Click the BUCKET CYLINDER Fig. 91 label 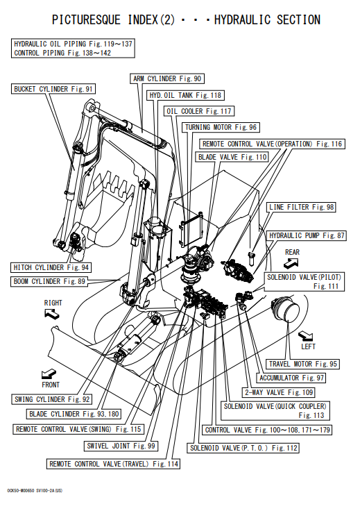53,89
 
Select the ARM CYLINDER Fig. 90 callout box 167,78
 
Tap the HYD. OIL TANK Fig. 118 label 185,95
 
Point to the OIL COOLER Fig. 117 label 199,111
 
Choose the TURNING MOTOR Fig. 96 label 221,127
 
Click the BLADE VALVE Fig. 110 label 232,157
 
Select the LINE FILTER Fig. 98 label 302,207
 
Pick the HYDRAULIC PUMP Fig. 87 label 307,235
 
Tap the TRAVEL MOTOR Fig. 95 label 303,364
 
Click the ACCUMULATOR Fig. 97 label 291,378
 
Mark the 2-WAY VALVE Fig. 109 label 279,392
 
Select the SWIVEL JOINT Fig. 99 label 121,446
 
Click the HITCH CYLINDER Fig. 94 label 51,267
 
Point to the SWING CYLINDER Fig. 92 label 52,399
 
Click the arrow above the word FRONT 49,374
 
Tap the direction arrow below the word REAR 291,263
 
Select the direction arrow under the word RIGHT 52,314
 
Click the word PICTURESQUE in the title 86,20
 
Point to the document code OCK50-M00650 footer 35,490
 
